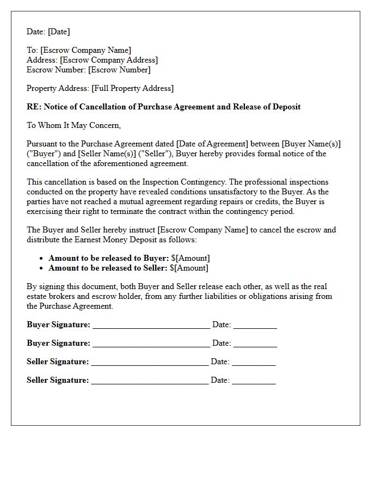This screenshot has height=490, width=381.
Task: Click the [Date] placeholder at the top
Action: click(59, 32)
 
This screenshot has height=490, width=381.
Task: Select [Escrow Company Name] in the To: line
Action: click(85, 50)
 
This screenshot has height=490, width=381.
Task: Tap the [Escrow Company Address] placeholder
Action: click(109, 60)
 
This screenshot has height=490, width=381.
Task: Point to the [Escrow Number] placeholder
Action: click(119, 70)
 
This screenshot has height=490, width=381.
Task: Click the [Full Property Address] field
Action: click(132, 88)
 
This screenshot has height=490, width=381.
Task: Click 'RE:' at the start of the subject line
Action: click(34, 107)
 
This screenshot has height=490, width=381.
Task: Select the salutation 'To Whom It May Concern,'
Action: click(73, 125)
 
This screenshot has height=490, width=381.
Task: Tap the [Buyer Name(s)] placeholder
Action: click(311, 144)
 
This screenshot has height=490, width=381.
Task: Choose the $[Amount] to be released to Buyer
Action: click(190, 258)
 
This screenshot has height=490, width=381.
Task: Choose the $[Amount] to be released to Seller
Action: click(189, 268)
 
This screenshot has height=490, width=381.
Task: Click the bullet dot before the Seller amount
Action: click(42, 268)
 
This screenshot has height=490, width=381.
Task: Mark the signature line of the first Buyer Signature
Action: click(151, 326)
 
